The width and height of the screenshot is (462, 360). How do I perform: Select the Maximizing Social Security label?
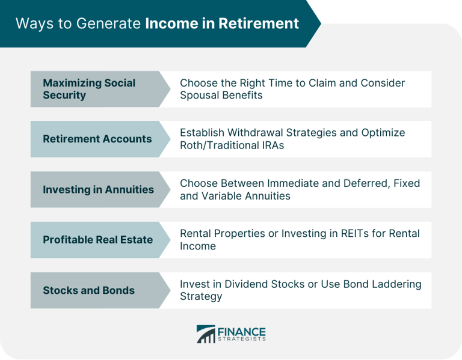(89, 89)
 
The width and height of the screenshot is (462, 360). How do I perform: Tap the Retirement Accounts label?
(97, 139)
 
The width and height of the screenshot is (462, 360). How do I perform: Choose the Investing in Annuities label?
(98, 189)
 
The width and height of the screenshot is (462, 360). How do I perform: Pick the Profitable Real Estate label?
(97, 240)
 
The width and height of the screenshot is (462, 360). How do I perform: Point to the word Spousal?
(199, 95)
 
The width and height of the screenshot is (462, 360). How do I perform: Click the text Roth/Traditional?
(219, 145)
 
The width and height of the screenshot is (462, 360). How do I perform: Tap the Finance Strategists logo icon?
(206, 334)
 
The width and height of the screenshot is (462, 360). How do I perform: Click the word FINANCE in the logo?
(242, 331)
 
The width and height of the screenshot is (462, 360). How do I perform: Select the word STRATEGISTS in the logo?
(242, 340)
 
